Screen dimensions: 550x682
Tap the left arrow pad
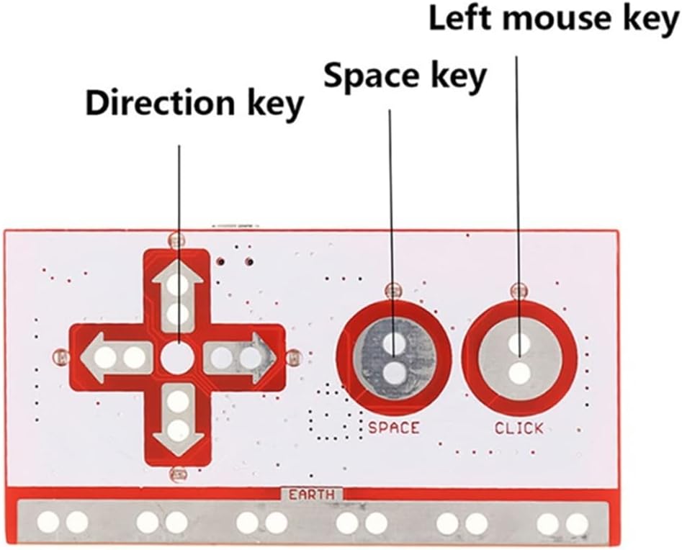point(115,356)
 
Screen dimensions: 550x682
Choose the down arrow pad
point(177,417)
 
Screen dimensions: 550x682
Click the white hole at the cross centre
point(176,357)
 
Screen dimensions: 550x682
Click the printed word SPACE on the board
point(393,428)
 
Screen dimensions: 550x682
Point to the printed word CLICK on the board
point(519,428)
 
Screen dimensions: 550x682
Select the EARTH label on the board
point(312,495)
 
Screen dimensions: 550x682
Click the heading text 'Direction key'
point(194,104)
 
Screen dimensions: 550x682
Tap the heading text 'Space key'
point(405,76)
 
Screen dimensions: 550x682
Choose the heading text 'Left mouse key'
point(555,19)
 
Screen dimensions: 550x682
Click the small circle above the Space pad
point(392,290)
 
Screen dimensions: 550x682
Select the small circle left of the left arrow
point(61,356)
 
